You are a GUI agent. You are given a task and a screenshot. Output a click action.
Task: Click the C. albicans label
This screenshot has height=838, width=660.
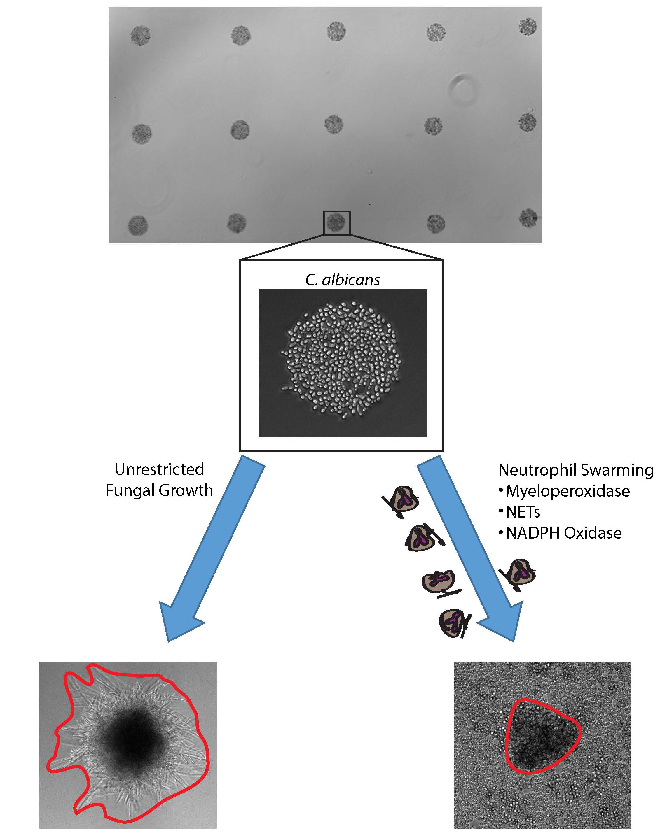[x=342, y=280]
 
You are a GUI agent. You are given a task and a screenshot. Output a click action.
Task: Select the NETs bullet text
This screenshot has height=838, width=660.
[x=523, y=512]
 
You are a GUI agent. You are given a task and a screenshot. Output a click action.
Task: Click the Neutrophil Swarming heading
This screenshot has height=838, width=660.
[x=575, y=470]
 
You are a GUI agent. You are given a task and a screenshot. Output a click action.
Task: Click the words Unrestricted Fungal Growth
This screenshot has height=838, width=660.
[x=159, y=480]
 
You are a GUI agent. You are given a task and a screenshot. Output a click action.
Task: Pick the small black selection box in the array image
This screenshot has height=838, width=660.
[x=337, y=222]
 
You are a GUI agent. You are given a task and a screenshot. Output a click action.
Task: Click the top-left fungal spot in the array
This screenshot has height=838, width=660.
[x=140, y=36]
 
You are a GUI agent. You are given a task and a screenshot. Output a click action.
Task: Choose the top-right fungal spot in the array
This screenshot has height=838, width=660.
[x=527, y=27]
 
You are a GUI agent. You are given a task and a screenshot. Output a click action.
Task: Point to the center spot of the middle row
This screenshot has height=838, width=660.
[x=334, y=124]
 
